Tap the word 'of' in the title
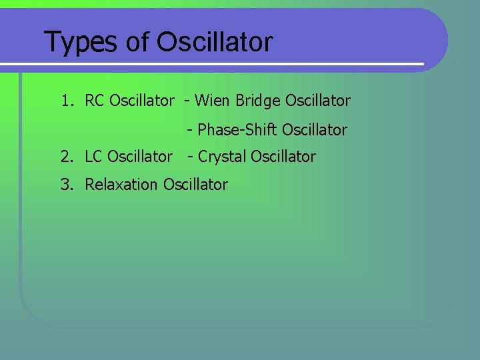137,42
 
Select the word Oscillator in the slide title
215,42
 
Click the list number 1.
65,101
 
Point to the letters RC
95,101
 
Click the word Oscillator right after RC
141,101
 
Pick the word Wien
213,101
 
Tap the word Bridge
258,101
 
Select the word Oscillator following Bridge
318,101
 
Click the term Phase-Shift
237,129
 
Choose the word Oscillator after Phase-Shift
315,129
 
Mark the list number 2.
65,157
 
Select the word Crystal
223,157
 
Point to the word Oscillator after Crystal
283,157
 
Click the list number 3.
65,185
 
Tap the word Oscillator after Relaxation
195,185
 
